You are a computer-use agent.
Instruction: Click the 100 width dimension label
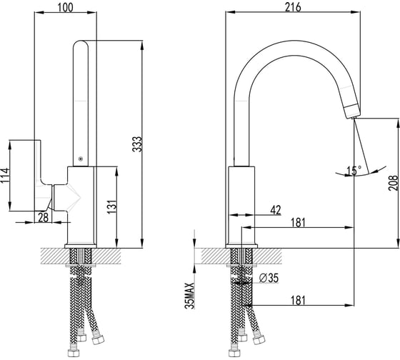point(65,7)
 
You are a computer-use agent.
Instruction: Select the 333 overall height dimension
point(137,144)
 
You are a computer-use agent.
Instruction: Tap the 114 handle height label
point(5,175)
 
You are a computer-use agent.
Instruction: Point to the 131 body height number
point(111,207)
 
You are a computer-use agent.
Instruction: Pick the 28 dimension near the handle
point(43,217)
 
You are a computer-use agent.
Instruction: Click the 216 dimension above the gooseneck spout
point(293,7)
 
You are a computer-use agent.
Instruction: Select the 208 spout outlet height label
point(393,183)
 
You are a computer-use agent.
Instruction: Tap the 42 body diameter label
point(276,210)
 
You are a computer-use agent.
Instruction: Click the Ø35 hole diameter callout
point(269,278)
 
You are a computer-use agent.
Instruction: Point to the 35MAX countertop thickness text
point(190,296)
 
